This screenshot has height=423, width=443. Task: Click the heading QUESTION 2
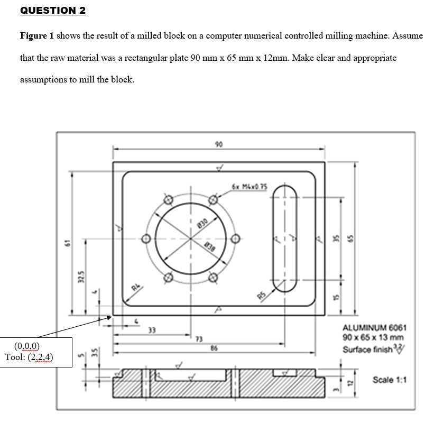coord(52,11)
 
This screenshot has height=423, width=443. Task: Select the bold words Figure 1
coord(36,36)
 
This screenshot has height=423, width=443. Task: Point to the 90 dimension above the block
coord(218,144)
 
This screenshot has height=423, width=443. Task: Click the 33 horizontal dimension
coord(152,330)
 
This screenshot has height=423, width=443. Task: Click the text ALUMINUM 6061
coord(374,328)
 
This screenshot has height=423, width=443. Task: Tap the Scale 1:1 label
coord(390,380)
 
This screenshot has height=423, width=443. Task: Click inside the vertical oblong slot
coord(285,238)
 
